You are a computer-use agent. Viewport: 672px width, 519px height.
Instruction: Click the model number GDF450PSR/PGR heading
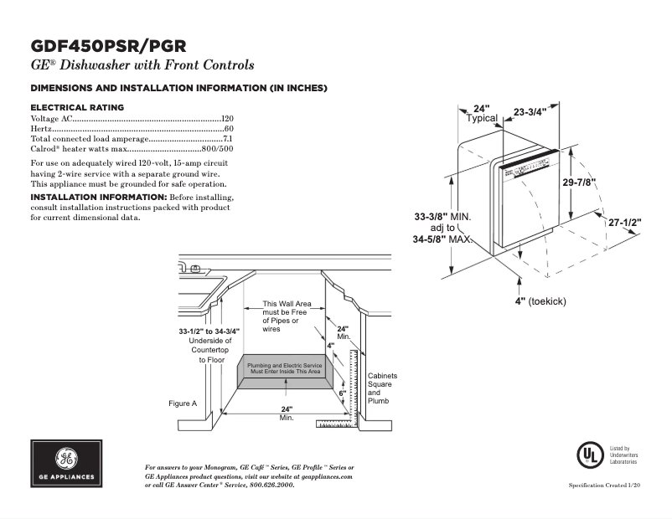coord(108,45)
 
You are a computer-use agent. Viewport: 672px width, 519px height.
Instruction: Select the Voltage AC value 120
coord(227,120)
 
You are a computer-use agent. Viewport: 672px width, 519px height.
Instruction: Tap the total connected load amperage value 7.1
coord(227,139)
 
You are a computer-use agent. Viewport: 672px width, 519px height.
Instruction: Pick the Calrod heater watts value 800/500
coord(215,148)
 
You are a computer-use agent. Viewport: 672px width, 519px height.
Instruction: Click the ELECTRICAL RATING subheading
coord(77,107)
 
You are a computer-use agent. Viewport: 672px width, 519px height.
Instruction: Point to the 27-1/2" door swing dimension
coord(624,223)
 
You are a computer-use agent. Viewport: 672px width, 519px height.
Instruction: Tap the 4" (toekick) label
coord(540,301)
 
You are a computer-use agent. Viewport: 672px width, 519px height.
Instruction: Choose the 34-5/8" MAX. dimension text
coord(443,239)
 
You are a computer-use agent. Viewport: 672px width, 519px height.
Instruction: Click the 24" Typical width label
coord(481,114)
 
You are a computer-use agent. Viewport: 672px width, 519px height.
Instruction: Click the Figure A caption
coord(183,403)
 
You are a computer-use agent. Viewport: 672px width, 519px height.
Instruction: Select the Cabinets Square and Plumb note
coord(382,388)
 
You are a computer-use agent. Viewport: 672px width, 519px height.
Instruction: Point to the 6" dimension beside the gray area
coord(343,393)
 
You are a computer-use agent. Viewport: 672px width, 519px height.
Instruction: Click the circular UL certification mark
coord(589,455)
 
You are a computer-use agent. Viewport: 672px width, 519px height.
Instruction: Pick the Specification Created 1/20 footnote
coord(604,486)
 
